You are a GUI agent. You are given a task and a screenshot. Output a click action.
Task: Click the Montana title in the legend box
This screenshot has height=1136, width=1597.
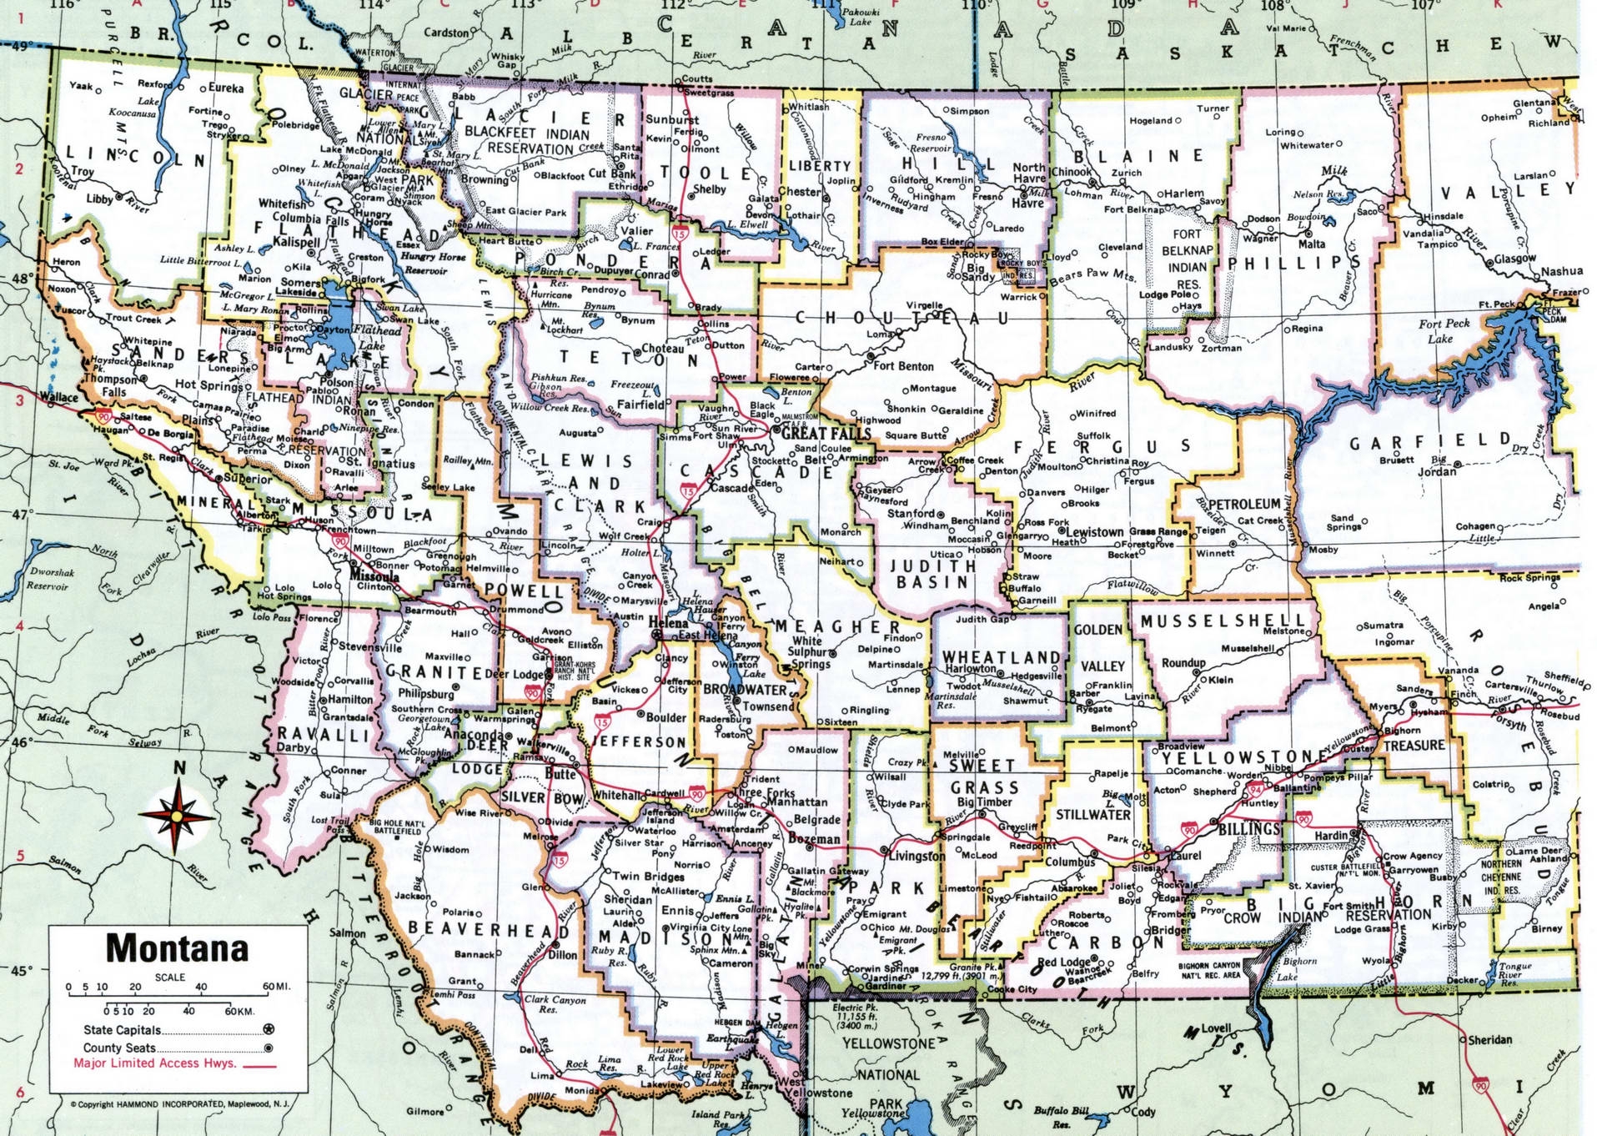(x=177, y=948)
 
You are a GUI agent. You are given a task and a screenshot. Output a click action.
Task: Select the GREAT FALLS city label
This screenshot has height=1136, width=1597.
(x=826, y=434)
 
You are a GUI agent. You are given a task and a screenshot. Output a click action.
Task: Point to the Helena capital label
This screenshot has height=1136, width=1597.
(x=668, y=623)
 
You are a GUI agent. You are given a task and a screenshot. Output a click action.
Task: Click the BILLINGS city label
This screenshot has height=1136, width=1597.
(x=1249, y=829)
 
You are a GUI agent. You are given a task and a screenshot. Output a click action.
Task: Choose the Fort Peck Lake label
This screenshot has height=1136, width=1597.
(x=1444, y=331)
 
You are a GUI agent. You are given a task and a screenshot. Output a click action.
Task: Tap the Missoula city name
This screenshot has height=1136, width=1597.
(x=374, y=576)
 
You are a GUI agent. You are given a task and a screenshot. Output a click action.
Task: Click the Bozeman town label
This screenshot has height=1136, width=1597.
(x=814, y=839)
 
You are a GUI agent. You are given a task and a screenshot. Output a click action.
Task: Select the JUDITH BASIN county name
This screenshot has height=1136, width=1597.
(x=932, y=574)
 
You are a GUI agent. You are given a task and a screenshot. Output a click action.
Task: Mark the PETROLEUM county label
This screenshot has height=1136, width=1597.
(x=1243, y=505)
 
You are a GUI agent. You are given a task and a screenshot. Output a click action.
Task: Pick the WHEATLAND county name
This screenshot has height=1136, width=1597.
(x=1001, y=657)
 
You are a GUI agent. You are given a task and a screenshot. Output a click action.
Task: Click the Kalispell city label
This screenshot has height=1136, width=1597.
(x=296, y=243)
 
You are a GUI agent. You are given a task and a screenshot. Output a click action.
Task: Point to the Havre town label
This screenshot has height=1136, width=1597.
(x=1027, y=203)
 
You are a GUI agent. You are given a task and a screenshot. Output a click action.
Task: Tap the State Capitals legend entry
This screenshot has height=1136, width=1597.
(x=122, y=1030)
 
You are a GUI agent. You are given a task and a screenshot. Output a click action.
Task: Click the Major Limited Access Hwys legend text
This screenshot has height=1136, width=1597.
(x=155, y=1063)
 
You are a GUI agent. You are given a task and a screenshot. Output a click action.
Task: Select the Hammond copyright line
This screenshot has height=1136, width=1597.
(x=179, y=1104)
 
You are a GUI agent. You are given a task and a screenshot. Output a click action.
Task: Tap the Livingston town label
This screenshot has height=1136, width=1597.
(x=917, y=856)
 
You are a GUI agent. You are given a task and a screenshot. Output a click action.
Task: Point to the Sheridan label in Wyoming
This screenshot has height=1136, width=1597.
(x=1489, y=1040)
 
